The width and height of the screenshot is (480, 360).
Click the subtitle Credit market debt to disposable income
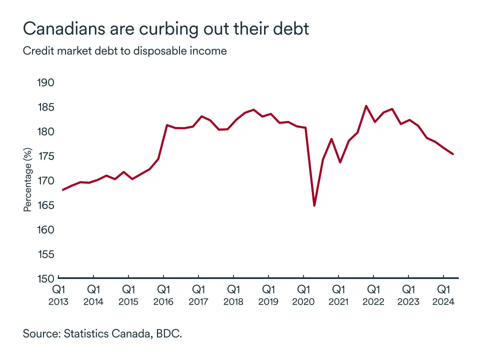(124, 51)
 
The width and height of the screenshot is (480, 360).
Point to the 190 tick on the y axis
(46, 83)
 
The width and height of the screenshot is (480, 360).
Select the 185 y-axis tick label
(46, 107)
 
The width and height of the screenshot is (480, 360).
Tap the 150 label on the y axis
(46, 278)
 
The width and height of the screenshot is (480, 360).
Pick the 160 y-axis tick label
(46, 229)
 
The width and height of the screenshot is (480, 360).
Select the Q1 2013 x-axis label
(58, 295)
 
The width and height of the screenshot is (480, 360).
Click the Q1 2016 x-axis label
(163, 295)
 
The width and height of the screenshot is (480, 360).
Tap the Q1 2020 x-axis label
(303, 295)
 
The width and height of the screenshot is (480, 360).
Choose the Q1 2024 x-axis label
(443, 295)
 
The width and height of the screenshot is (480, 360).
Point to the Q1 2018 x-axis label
(233, 295)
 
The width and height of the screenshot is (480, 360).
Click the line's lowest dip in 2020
(314, 205)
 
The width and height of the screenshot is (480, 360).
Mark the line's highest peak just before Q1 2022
(366, 106)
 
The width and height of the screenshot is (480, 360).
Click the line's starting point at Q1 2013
(62, 190)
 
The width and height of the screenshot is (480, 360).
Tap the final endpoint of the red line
(453, 154)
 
